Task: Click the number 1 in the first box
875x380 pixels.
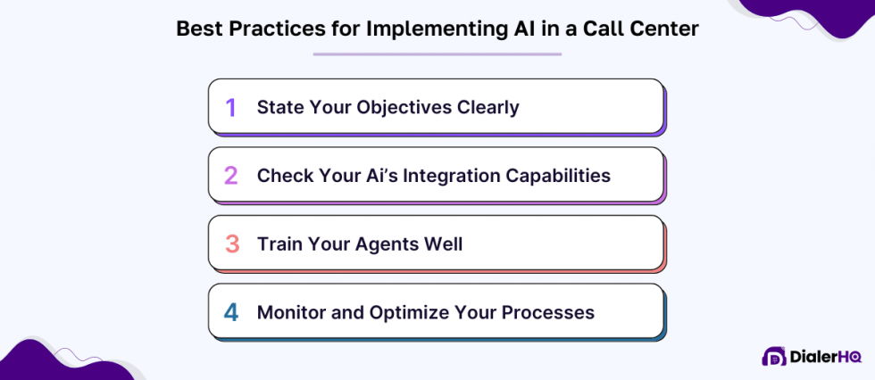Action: click(x=231, y=108)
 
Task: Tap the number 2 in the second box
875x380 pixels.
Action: click(x=231, y=175)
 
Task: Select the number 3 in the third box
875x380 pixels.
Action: click(x=231, y=243)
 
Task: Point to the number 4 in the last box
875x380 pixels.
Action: click(x=231, y=312)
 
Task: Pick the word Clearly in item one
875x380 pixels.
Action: click(x=487, y=108)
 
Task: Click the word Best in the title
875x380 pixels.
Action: click(x=196, y=29)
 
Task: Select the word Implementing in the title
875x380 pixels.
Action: click(x=425, y=29)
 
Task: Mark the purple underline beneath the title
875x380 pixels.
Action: click(x=437, y=54)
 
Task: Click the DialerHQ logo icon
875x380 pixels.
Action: click(x=773, y=356)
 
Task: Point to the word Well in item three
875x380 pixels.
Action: click(x=442, y=243)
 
